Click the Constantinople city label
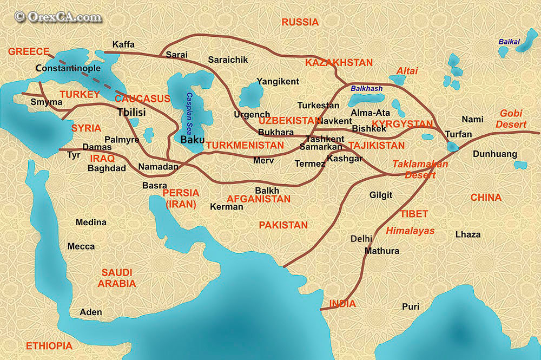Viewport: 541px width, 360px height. coord(68,68)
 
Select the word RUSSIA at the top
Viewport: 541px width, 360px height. coord(300,22)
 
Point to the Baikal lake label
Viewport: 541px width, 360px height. coord(509,42)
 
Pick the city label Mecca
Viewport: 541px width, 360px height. coord(81,246)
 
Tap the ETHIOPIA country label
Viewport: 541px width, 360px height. coord(49,346)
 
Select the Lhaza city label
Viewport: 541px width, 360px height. coord(468,234)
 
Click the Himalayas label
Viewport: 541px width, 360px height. coord(410,230)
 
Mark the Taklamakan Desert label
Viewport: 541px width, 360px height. coord(420,169)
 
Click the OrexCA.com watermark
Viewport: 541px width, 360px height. coord(58,17)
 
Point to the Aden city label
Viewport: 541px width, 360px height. coord(90,312)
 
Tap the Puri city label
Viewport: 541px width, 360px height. coord(411,306)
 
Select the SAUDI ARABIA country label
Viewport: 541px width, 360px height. coord(116,278)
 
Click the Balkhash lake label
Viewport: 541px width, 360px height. coord(367,88)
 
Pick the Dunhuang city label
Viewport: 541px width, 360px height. coord(495,154)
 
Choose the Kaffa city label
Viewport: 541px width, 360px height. coord(123,44)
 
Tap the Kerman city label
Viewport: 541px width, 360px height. coord(227,207)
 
